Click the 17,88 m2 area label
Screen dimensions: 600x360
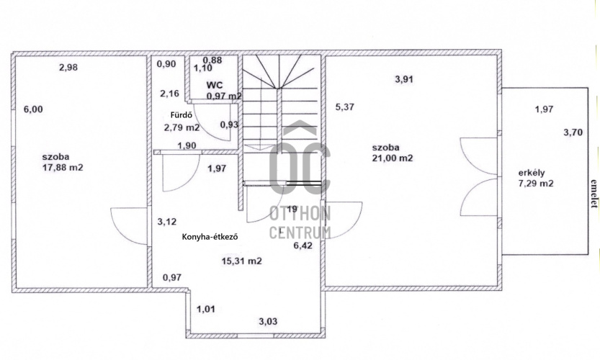pyautogui.click(x=63, y=167)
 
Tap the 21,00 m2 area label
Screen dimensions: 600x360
pyautogui.click(x=393, y=158)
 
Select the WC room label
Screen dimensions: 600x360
pyautogui.click(x=215, y=85)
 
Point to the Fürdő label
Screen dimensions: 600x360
pyautogui.click(x=181, y=114)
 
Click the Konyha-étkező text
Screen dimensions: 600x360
pyautogui.click(x=210, y=237)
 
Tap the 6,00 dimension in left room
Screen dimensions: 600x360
pyautogui.click(x=33, y=109)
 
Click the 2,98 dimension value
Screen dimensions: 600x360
pyautogui.click(x=68, y=68)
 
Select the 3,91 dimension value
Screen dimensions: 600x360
pyautogui.click(x=404, y=80)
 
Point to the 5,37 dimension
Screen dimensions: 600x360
pyautogui.click(x=345, y=107)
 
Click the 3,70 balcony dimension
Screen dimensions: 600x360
pyautogui.click(x=573, y=132)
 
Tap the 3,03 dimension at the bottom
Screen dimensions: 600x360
pyautogui.click(x=268, y=321)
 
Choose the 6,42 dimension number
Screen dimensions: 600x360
pyautogui.click(x=303, y=246)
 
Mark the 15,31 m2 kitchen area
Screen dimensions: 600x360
pyautogui.click(x=242, y=261)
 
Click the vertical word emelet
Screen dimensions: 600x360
pyautogui.click(x=594, y=194)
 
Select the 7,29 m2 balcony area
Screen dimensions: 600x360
pyautogui.click(x=536, y=184)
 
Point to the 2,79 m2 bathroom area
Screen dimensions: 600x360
pyautogui.click(x=182, y=127)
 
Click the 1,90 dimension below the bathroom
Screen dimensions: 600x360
pyautogui.click(x=187, y=145)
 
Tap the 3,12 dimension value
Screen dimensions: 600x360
pyautogui.click(x=167, y=222)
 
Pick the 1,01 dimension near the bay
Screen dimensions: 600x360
pyautogui.click(x=206, y=309)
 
